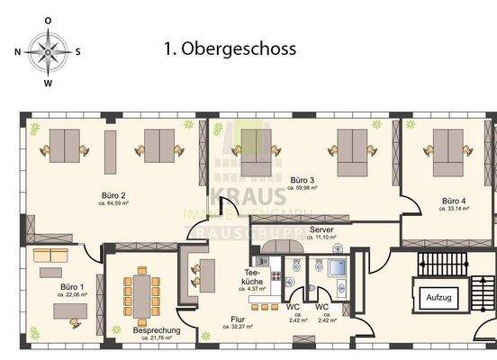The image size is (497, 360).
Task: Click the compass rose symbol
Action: pyautogui.click(x=48, y=51)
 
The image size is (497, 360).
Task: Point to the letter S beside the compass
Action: pyautogui.click(x=77, y=52)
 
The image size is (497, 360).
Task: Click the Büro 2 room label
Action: pyautogui.click(x=113, y=195)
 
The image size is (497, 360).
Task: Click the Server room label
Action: pyautogui.click(x=322, y=230)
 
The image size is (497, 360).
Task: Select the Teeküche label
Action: pyautogui.click(x=253, y=277)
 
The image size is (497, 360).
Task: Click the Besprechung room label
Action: pyautogui.click(x=157, y=330)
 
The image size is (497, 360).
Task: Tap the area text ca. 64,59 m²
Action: pyautogui.click(x=113, y=204)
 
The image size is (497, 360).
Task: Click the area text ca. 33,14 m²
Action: pyautogui.click(x=455, y=208)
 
